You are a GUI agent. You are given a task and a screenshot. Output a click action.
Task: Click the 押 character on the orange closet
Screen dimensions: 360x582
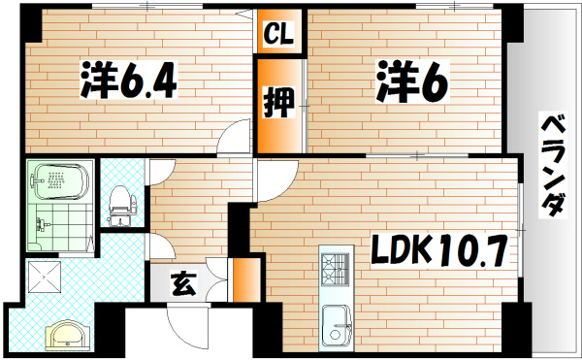click(x=279, y=102)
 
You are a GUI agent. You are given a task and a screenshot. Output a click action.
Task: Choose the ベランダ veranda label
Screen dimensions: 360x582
click(x=552, y=165)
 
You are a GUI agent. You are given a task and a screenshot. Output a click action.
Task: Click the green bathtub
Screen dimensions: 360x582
click(x=61, y=180)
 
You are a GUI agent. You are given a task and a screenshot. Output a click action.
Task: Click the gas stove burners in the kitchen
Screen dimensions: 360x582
click(x=335, y=266)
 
